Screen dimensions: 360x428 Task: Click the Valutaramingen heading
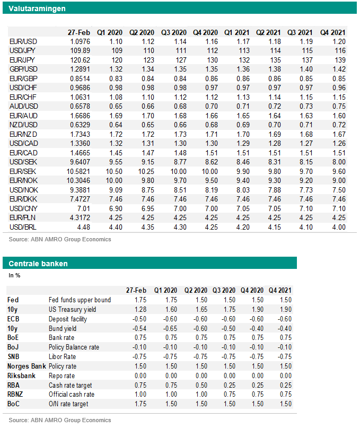(37, 8)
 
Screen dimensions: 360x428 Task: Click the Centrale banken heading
(38, 264)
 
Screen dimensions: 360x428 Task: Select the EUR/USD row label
(23, 41)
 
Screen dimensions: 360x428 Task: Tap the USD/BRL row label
(23, 227)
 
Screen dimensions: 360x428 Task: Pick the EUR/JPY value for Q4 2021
(340, 60)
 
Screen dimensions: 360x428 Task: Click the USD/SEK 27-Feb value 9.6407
(80, 162)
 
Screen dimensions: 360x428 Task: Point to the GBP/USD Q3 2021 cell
(306, 69)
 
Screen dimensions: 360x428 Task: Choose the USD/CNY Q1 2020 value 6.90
(116, 208)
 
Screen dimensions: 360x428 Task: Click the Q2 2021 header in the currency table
(268, 32)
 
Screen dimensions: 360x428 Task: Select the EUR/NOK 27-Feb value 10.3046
(78, 180)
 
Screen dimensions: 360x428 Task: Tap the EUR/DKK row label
(23, 199)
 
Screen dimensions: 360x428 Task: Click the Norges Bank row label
(27, 366)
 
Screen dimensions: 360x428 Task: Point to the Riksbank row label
(21, 375)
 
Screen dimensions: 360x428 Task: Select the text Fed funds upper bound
(80, 300)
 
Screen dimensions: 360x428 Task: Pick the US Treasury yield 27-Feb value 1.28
(141, 310)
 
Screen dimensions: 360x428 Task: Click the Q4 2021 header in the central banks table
(280, 290)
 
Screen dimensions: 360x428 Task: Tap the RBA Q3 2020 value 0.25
(230, 385)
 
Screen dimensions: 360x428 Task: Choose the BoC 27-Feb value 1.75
(141, 404)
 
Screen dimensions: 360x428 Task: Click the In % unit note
(14, 275)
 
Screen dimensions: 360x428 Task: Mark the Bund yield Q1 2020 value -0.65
(170, 328)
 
